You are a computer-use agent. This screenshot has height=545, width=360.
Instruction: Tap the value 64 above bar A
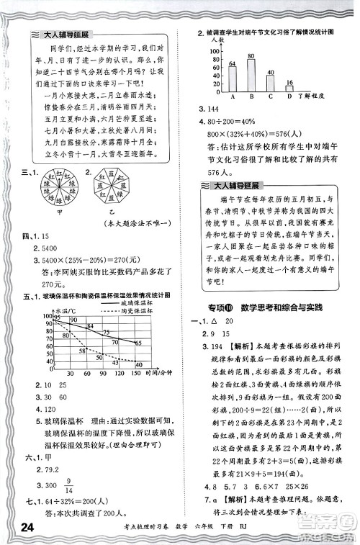click(232, 64)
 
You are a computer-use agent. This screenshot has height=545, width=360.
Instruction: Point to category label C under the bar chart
click(270, 96)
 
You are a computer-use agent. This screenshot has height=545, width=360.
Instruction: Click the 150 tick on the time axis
click(136, 374)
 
